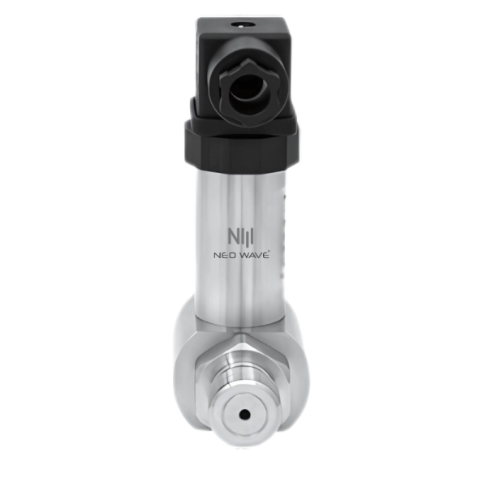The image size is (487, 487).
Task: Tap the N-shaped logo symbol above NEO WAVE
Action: [x=241, y=237]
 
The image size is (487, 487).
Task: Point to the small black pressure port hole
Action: [x=245, y=414]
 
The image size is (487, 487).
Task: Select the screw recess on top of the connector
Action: [x=241, y=25]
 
